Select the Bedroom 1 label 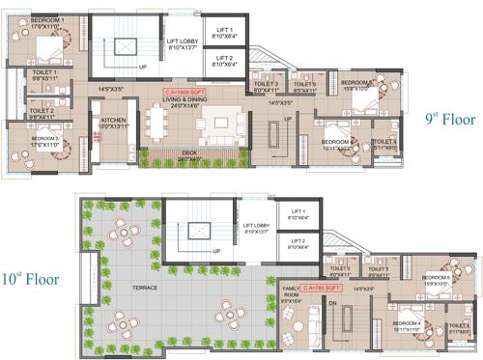click(47, 19)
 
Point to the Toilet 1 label click(43, 72)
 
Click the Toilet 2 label click(41, 111)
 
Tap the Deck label click(191, 157)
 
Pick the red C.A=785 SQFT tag click(322, 288)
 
